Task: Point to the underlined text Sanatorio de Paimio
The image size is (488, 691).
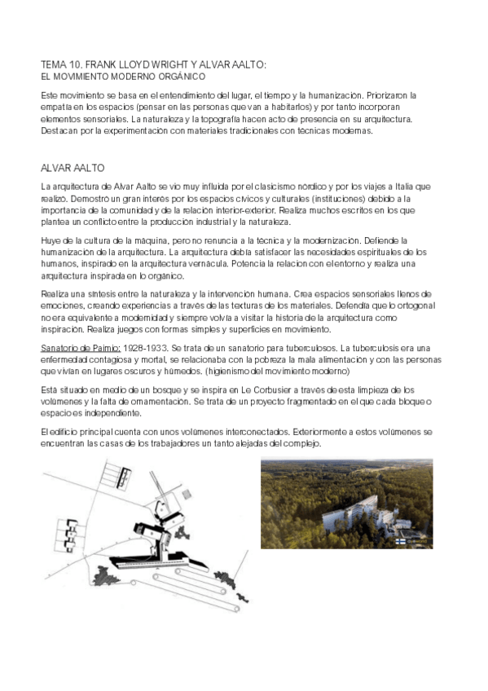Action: [x=80, y=348]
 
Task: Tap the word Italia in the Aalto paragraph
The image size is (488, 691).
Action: [x=407, y=187]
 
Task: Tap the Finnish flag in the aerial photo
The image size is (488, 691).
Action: [x=401, y=540]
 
